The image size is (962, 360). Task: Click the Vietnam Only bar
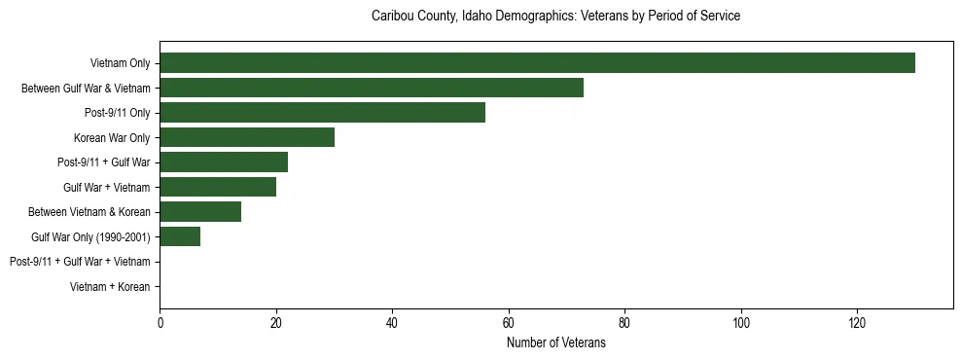click(x=537, y=63)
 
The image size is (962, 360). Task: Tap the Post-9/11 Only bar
click(x=322, y=113)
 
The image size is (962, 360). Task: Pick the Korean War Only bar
click(x=247, y=137)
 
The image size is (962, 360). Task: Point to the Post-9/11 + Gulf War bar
click(x=224, y=162)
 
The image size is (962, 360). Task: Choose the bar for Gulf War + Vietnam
click(x=218, y=187)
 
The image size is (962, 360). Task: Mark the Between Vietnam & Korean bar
click(x=200, y=212)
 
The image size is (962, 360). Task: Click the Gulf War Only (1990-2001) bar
click(x=180, y=236)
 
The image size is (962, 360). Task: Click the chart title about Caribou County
click(x=555, y=17)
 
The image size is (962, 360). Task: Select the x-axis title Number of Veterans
click(x=555, y=342)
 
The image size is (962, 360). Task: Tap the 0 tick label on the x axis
click(x=160, y=323)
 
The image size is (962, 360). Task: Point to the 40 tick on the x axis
click(x=392, y=323)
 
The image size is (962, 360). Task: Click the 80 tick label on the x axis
click(x=624, y=323)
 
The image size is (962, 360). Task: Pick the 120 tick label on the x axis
click(x=857, y=323)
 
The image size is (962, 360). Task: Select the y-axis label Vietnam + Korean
click(x=110, y=287)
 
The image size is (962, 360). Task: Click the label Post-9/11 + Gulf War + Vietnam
click(x=80, y=262)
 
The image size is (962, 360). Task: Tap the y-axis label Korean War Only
click(x=112, y=138)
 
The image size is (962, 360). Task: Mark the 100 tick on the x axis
click(x=741, y=323)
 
